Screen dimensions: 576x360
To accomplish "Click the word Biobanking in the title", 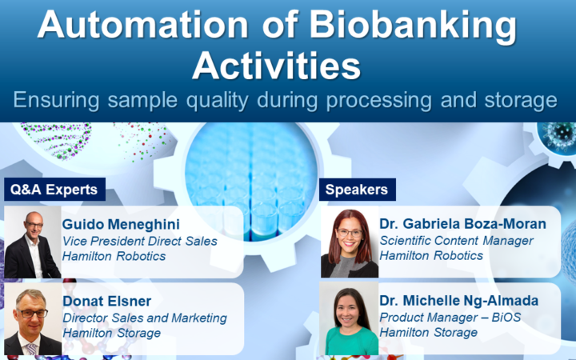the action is click(x=413, y=26).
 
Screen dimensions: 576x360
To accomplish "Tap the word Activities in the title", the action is click(x=276, y=66).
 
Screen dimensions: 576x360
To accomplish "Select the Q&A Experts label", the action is click(x=54, y=190).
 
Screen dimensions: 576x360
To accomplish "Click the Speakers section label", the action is click(x=357, y=190).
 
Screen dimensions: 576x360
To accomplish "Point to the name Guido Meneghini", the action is click(x=121, y=224).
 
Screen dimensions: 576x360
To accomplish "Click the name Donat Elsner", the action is click(x=107, y=302).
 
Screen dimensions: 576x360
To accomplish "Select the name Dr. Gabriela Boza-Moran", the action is click(x=462, y=224).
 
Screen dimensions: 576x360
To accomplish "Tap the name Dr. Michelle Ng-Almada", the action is click(x=459, y=301).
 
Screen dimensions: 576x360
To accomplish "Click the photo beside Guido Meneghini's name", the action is click(x=33, y=242).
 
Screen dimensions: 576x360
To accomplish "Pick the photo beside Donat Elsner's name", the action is click(x=33, y=319).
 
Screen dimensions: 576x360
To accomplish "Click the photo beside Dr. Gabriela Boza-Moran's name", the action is click(x=350, y=242).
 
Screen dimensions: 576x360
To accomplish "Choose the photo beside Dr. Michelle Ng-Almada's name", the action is click(x=350, y=319).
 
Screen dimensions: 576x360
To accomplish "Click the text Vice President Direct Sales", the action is click(x=139, y=241).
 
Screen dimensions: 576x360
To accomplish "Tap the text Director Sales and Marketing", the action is click(x=145, y=318).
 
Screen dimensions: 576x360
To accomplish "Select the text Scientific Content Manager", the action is click(x=456, y=241).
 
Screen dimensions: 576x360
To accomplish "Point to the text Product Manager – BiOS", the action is click(x=450, y=318).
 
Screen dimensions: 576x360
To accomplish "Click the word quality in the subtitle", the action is click(x=217, y=101).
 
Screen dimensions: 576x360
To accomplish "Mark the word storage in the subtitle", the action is click(x=521, y=101).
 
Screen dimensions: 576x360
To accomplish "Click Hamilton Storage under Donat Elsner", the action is click(x=112, y=333).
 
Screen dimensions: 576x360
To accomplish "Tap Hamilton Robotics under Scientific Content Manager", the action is click(x=431, y=256).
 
